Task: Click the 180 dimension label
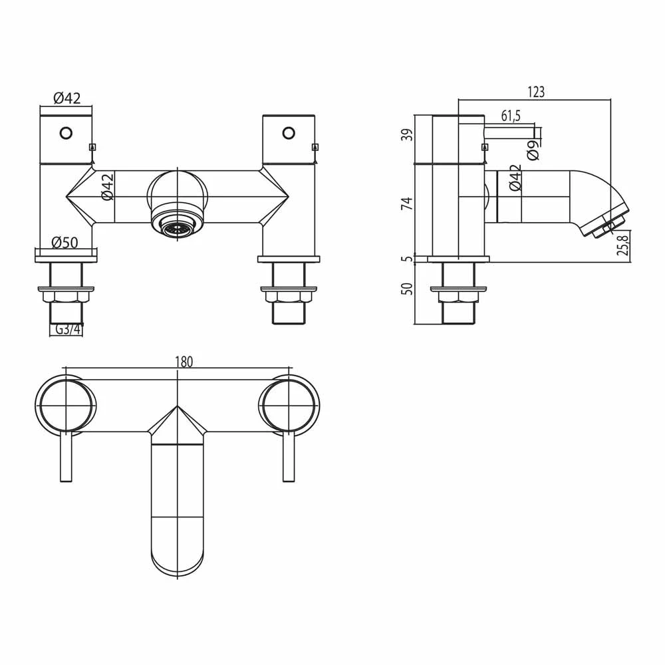(184, 362)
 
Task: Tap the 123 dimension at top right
(535, 92)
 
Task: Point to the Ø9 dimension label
(532, 151)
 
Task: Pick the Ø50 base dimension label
(65, 243)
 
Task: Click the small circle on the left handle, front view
(65, 132)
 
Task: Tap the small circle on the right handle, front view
(288, 132)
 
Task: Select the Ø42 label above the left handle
(66, 98)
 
